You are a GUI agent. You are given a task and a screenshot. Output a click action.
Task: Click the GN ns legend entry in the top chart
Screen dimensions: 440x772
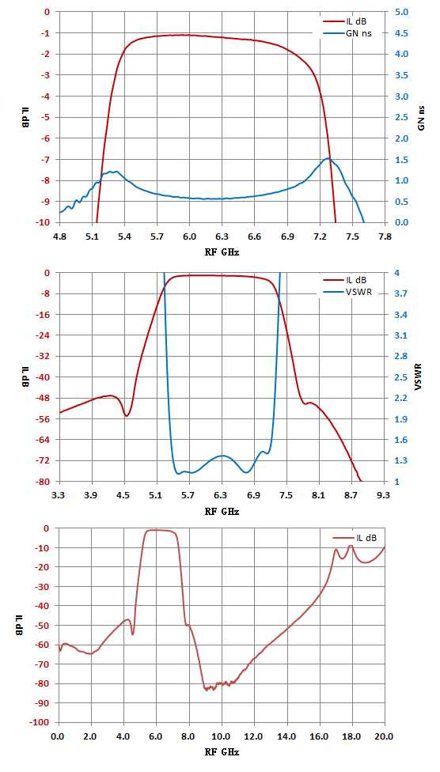[347, 33]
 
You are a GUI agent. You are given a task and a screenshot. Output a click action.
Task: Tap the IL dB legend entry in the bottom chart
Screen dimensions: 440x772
[355, 538]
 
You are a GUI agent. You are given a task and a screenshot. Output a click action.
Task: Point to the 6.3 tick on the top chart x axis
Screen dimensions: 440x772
[222, 237]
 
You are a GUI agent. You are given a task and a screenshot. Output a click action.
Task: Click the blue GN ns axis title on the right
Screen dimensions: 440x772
[421, 117]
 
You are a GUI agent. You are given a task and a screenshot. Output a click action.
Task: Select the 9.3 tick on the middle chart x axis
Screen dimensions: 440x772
[383, 495]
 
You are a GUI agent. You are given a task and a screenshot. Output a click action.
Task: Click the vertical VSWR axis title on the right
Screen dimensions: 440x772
[419, 377]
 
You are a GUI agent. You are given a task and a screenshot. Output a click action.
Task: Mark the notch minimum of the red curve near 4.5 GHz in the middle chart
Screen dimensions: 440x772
[126, 416]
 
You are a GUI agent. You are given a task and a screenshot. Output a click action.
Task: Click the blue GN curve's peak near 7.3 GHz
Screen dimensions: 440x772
[328, 158]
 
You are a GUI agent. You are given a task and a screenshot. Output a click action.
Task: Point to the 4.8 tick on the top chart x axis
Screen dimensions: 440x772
[59, 237]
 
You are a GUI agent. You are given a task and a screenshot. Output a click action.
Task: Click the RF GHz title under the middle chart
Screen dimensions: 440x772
[222, 511]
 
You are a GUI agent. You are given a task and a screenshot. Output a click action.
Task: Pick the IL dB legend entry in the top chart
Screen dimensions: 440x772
[345, 21]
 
